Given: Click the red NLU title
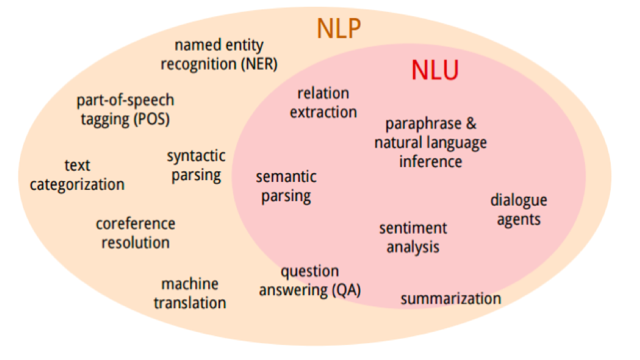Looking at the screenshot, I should tap(435, 71).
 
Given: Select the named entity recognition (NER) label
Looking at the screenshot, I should tap(219, 54).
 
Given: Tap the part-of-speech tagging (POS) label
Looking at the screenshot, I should tap(126, 109).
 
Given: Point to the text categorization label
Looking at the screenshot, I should tap(77, 175).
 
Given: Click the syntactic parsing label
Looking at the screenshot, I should tap(196, 165).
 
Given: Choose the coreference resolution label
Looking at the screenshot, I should tap(136, 232).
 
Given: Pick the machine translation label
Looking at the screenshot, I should tap(190, 293).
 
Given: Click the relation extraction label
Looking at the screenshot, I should tap(323, 102).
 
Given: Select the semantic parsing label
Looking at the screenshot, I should tap(286, 186).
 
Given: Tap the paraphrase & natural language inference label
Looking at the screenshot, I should tap(431, 142).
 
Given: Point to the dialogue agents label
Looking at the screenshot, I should tap(518, 209).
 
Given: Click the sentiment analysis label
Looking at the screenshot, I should tap(413, 237).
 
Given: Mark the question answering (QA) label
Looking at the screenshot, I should tap(310, 281).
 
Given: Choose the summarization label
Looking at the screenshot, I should tap(451, 299).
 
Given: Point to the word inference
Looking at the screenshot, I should tap(431, 161).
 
